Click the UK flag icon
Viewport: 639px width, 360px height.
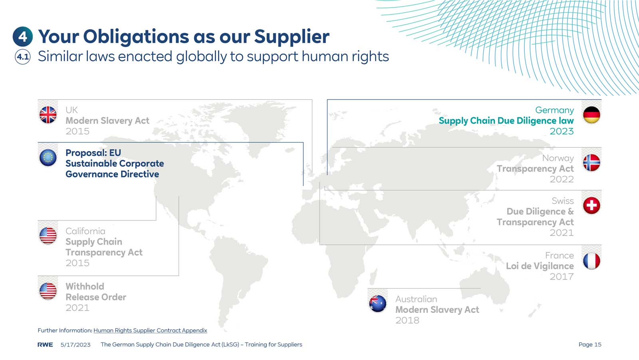(x=48, y=115)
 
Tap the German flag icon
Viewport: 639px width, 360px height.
(x=591, y=115)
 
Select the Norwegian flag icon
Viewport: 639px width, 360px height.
(x=591, y=163)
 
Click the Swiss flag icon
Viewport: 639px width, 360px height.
(x=591, y=206)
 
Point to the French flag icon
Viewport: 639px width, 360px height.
(x=591, y=261)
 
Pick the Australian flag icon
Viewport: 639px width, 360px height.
(x=378, y=304)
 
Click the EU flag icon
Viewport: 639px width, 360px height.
(x=48, y=158)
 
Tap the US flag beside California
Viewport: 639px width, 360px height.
(x=48, y=236)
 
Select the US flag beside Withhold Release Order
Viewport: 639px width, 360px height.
(x=48, y=291)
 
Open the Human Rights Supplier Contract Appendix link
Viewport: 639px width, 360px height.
(x=150, y=330)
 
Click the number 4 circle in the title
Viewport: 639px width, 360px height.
(x=23, y=37)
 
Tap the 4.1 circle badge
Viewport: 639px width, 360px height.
(x=23, y=57)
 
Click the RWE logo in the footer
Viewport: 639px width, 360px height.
(x=45, y=344)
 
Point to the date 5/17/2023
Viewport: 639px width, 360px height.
(x=75, y=344)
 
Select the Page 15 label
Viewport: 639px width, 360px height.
(x=589, y=344)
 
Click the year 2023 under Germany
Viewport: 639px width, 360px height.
(x=562, y=131)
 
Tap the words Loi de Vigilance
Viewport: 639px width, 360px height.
(x=540, y=266)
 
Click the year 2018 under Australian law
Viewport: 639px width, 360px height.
(x=407, y=320)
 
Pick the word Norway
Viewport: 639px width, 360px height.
(x=558, y=158)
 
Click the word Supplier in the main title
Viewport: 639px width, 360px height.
(x=292, y=37)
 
